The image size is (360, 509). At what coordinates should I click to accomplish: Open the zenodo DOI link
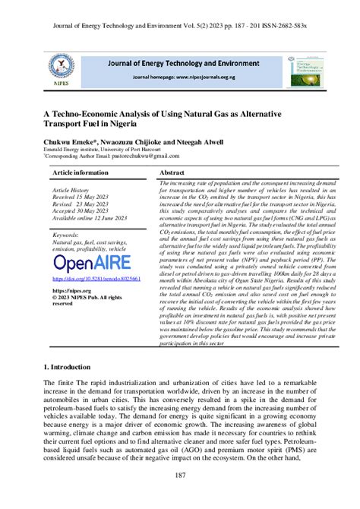tap(96, 279)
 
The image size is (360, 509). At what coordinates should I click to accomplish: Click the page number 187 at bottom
tap(180, 475)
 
